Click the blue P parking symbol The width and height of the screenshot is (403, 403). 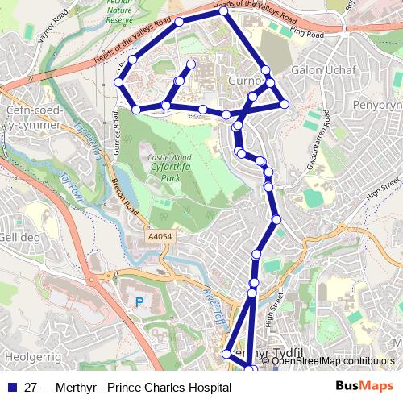tap(139, 303)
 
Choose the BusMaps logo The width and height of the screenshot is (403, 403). tap(365, 387)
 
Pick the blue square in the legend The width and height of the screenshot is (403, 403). tap(10, 388)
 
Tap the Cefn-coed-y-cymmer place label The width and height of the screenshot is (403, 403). tap(32, 118)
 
